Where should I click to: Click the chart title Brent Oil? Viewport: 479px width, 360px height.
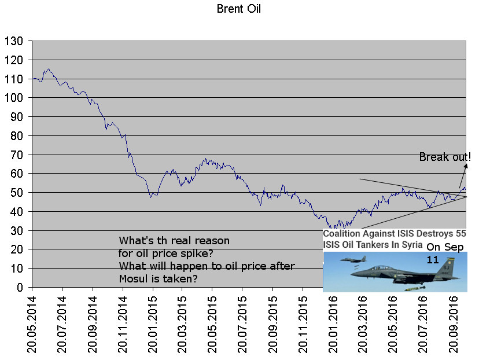[x=239, y=9]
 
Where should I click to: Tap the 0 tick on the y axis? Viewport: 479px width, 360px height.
[x=20, y=287]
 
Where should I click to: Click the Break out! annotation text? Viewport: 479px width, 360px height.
[x=445, y=157]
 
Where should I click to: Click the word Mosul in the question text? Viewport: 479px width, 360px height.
[x=135, y=278]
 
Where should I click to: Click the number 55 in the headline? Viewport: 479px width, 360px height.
[x=460, y=234]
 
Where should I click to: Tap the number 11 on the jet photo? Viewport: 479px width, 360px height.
[x=433, y=260]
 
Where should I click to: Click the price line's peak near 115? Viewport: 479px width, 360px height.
[x=49, y=68]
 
